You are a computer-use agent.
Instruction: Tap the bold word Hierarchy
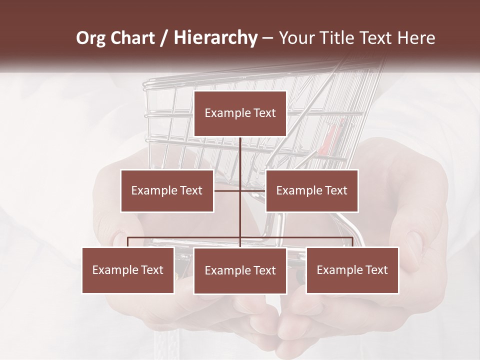[215, 38]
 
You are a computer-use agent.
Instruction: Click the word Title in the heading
[342, 38]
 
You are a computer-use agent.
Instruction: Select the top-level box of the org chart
[240, 113]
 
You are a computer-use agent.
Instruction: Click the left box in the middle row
[167, 190]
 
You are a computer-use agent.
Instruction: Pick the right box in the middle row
[311, 190]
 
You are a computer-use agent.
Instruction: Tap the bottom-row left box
[128, 270]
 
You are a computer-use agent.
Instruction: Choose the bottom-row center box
[240, 271]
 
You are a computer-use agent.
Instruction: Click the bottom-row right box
[352, 270]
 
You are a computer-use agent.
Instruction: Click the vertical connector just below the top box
[240, 152]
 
